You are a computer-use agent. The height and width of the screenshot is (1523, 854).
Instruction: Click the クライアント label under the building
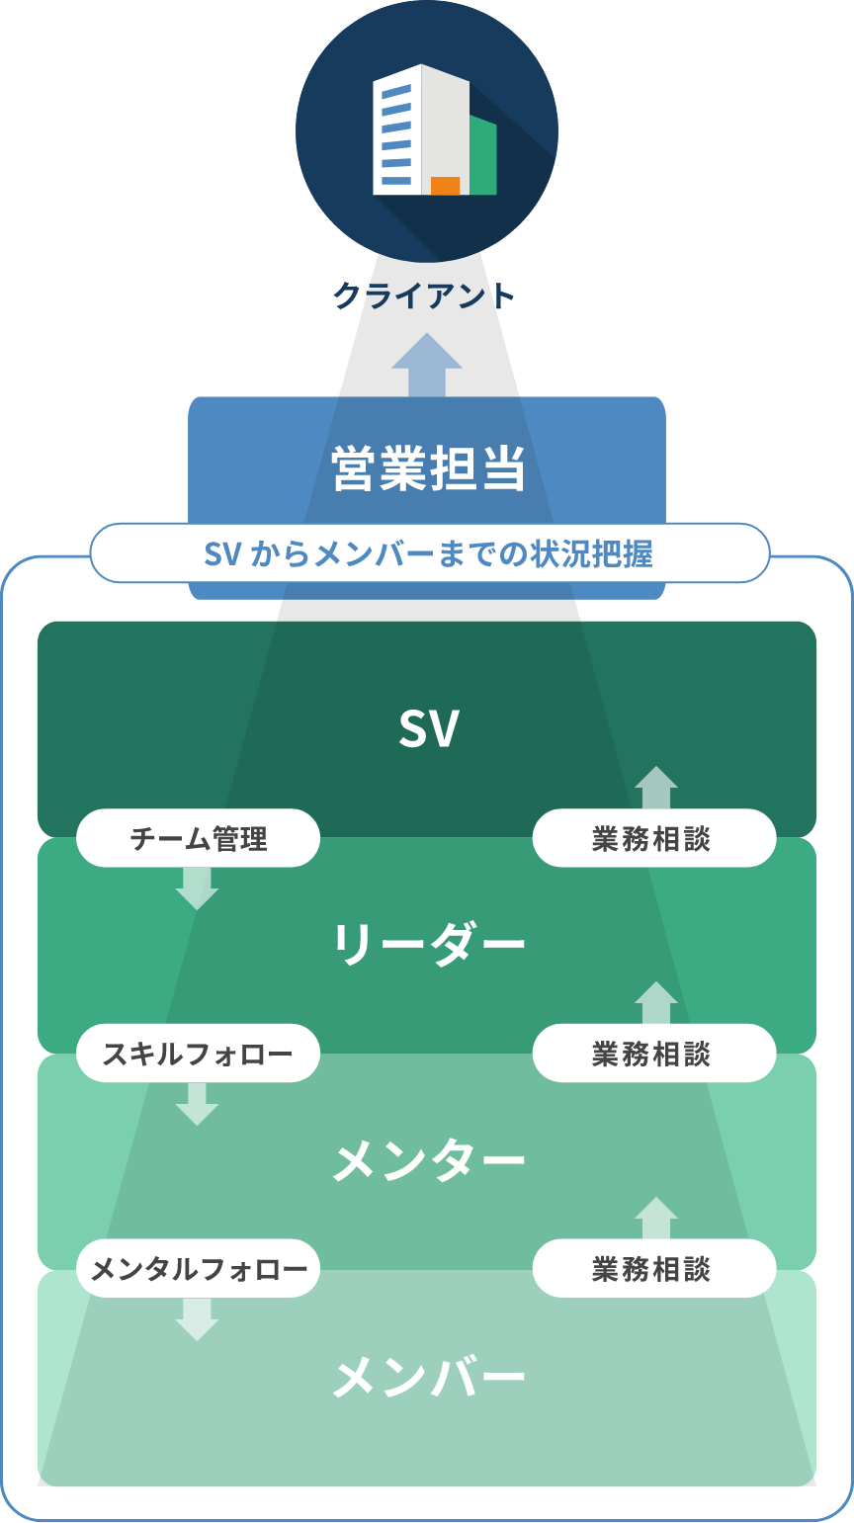coord(425,296)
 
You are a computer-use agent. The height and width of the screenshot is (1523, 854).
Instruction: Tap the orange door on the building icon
coord(445,186)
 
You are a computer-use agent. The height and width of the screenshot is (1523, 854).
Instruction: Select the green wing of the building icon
coord(482,156)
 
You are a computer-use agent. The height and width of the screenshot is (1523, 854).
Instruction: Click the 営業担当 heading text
coord(427,467)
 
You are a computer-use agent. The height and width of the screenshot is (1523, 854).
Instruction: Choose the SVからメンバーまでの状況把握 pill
coord(429,553)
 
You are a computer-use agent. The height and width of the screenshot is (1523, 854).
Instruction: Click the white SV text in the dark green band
coord(428,729)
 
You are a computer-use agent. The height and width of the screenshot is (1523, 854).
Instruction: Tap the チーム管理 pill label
coord(199,839)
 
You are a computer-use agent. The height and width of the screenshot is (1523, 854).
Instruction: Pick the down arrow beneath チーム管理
coord(197,888)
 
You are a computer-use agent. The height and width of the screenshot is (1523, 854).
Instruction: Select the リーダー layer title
coord(428,944)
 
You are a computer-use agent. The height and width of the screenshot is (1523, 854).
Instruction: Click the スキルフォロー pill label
coord(199,1054)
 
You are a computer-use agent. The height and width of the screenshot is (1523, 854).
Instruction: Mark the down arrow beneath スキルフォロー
coord(197,1103)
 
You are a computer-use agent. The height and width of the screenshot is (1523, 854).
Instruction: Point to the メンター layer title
coord(428,1160)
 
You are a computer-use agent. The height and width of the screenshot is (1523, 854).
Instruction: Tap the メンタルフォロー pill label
coord(199,1269)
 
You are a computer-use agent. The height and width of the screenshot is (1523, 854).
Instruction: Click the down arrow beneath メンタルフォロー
coord(197,1318)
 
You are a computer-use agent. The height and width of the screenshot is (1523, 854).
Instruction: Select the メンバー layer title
coord(428,1377)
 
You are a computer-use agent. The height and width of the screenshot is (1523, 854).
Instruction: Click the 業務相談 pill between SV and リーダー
coord(653,839)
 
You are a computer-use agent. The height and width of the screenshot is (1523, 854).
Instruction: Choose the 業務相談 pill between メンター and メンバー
coord(653,1269)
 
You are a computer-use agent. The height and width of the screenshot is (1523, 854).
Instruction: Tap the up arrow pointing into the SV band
coord(656,788)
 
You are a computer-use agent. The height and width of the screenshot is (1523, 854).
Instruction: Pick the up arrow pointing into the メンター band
coord(656,1218)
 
